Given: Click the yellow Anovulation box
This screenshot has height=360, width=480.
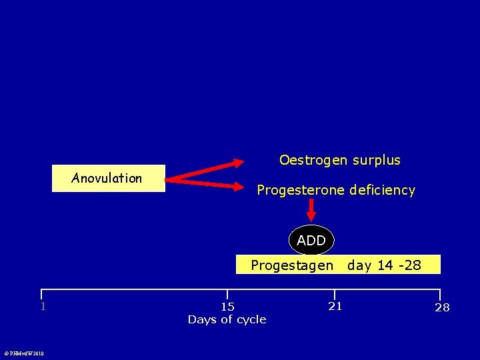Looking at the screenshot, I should [108, 178].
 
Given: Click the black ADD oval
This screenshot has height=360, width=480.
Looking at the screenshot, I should [311, 240].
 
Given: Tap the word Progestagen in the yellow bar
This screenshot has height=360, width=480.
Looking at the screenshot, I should [292, 265].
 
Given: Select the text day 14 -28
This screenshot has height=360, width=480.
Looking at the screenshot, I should [384, 265].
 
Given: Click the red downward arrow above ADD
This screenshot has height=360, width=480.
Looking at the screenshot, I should [311, 212].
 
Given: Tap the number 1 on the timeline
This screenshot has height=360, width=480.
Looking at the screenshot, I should [43, 307].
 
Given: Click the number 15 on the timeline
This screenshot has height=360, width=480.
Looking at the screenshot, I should [227, 307].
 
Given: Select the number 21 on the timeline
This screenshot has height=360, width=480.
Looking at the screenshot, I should [335, 306].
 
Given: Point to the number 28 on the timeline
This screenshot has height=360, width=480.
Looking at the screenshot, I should [442, 307].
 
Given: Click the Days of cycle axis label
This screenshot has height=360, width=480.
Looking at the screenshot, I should [227, 320].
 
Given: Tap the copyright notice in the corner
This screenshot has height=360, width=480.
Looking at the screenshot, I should [23, 353].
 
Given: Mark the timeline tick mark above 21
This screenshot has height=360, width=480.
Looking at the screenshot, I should [334, 295].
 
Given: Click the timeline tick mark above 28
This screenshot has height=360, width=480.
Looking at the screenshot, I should [440, 295].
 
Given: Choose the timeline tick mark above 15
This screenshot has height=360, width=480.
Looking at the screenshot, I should [227, 295].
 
